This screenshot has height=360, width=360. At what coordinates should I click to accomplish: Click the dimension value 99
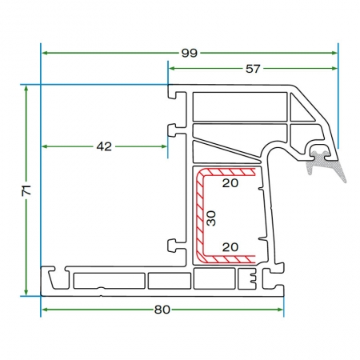pos(190,53)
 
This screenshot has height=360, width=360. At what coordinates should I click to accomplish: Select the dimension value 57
pos(253,69)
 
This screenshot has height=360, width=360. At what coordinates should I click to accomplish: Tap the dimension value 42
pos(104,146)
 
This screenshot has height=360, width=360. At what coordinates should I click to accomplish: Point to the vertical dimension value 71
pos(26,190)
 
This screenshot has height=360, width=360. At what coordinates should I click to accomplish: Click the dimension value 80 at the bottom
pos(162,310)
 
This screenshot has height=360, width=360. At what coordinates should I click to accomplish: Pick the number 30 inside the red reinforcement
pos(211,218)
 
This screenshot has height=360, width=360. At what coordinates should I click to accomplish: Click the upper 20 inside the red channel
pos(230,183)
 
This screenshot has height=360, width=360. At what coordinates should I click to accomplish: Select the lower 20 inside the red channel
pos(230,247)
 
